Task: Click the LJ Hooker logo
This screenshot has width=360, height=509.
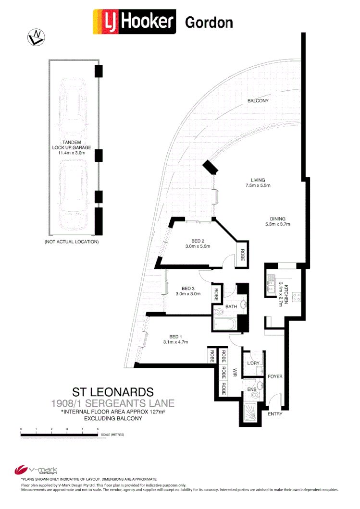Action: click(x=135, y=23)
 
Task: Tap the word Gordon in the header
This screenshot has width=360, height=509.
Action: click(x=209, y=23)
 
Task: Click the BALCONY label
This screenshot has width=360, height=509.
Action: click(x=258, y=101)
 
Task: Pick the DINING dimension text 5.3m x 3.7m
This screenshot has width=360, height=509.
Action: click(x=278, y=224)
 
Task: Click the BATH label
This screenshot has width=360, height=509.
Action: click(x=231, y=306)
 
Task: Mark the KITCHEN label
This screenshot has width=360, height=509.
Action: click(x=286, y=293)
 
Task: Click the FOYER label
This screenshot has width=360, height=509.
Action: click(x=275, y=377)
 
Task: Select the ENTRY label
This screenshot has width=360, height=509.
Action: click(x=275, y=414)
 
